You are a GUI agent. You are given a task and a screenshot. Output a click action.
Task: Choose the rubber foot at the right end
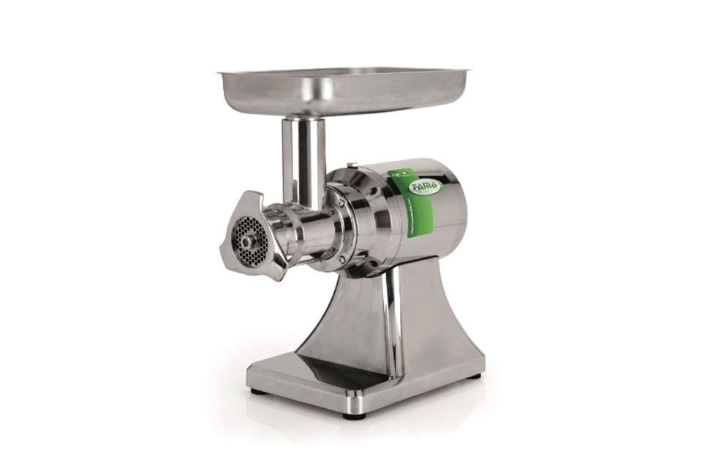pyautogui.click(x=476, y=377)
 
